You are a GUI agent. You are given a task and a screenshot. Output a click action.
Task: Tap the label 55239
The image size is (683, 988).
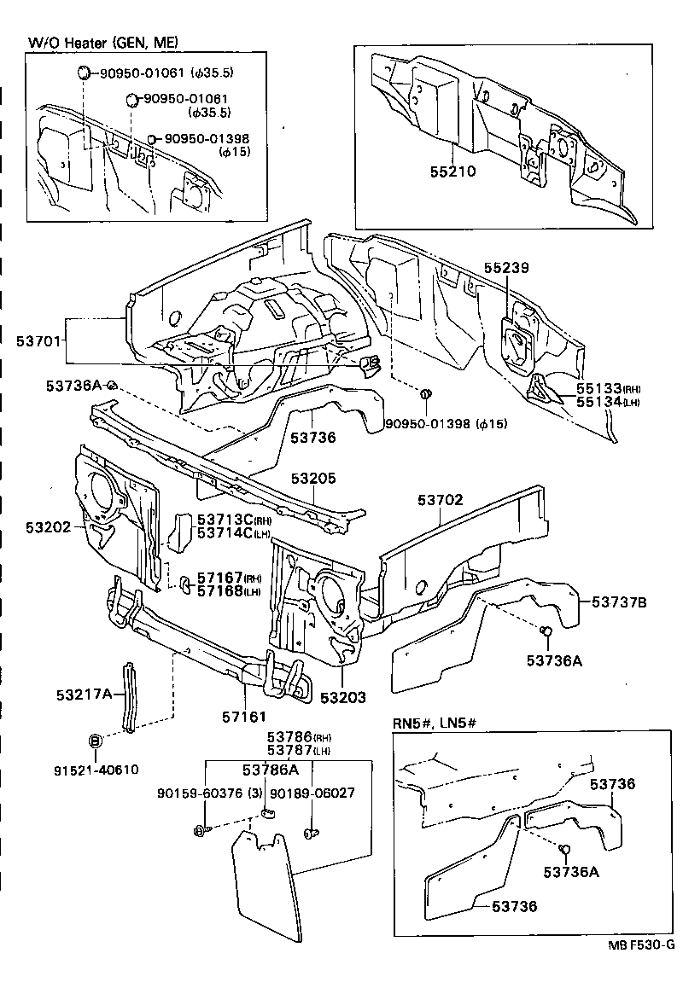pyautogui.click(x=507, y=268)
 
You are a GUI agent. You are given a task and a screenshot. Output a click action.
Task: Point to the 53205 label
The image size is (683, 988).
pyautogui.click(x=313, y=479)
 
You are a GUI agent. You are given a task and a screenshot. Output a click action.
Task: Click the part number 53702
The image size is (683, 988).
pyautogui.click(x=441, y=500)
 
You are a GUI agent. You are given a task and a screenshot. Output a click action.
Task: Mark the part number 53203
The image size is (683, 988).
pyautogui.click(x=343, y=698)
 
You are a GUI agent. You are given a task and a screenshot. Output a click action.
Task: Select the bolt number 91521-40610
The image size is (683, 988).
pyautogui.click(x=95, y=770)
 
